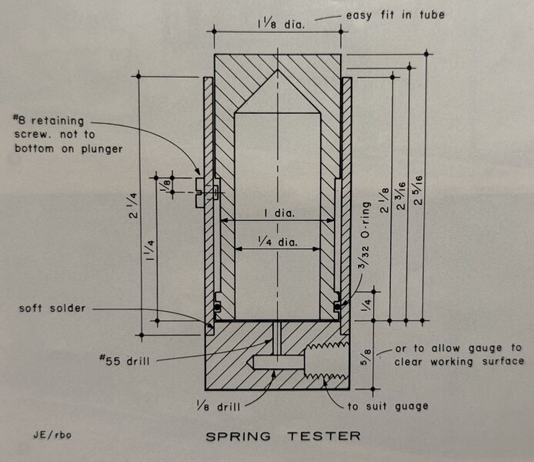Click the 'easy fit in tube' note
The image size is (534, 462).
coord(406,14)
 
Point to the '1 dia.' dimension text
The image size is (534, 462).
coord(278,211)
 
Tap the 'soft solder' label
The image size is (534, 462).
coord(52,309)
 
